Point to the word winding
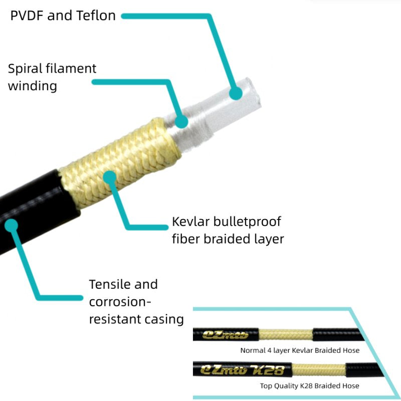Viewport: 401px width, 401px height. pyautogui.click(x=32, y=86)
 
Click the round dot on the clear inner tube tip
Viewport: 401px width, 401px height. pyautogui.click(x=235, y=93)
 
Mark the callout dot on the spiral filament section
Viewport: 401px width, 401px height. pyautogui.click(x=181, y=121)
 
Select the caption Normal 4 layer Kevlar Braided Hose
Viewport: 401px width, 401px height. pyautogui.click(x=300, y=350)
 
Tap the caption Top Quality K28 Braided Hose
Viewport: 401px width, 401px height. pyautogui.click(x=309, y=385)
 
